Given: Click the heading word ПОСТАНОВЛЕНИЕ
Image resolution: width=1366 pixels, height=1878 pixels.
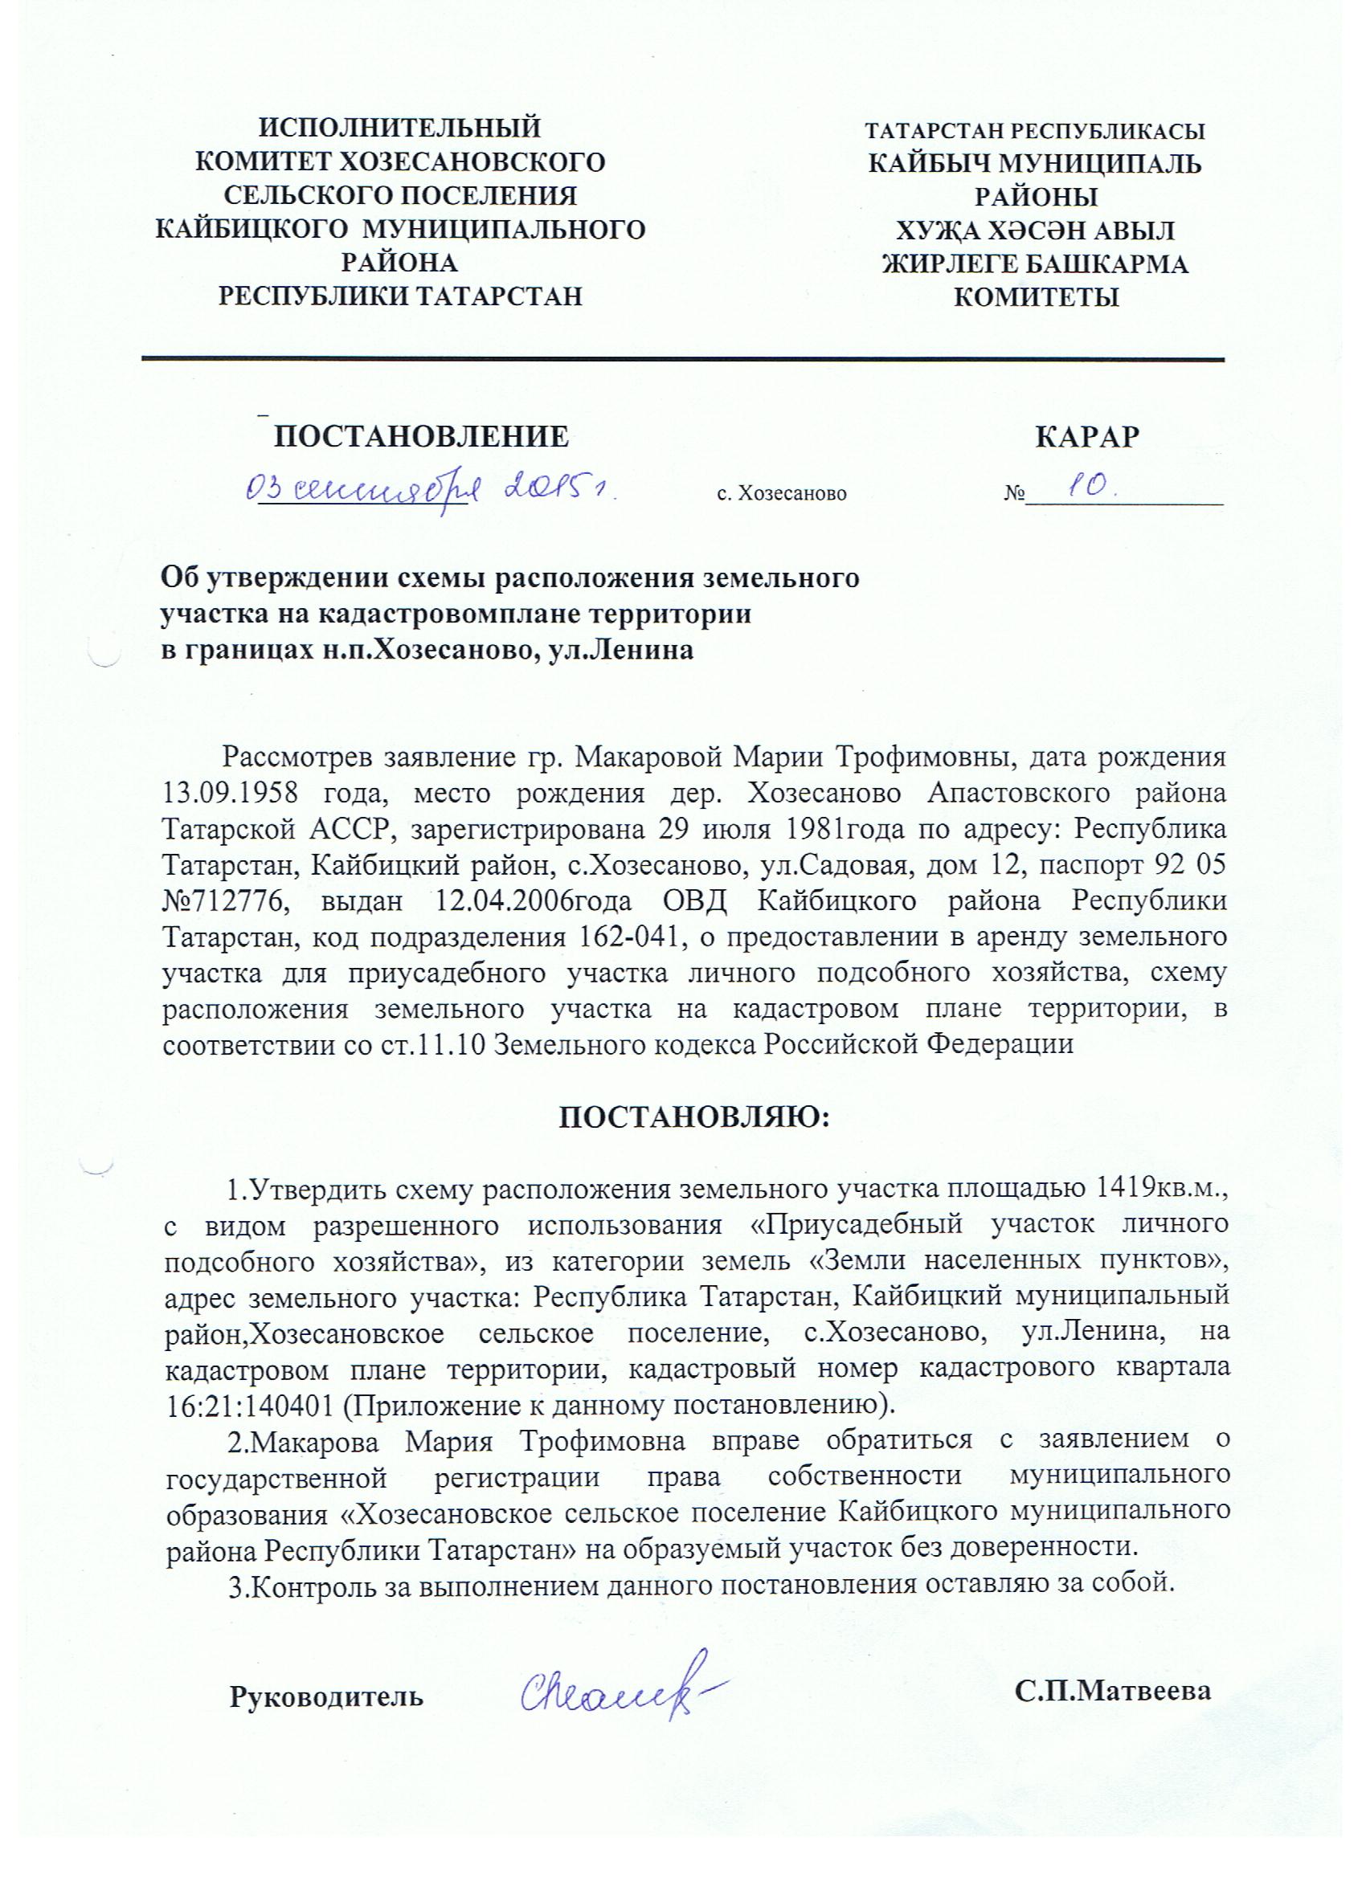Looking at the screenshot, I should click(x=422, y=436).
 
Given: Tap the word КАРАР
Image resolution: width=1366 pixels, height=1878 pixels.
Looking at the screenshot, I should click(x=1087, y=436).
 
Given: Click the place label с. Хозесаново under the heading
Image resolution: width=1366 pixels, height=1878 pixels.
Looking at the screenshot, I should click(x=781, y=494).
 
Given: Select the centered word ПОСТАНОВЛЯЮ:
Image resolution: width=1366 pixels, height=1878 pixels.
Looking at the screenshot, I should click(x=694, y=1118).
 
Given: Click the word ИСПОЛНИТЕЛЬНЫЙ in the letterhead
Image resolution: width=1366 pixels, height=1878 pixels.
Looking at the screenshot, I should click(x=400, y=129).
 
